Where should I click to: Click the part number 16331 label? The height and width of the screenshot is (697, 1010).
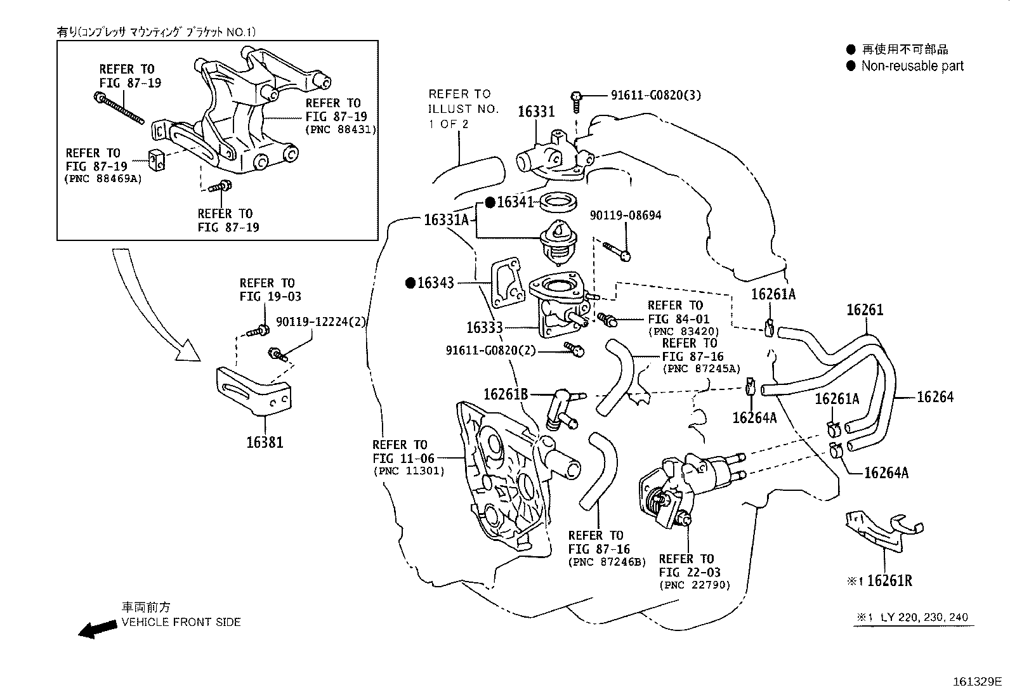pos(536,112)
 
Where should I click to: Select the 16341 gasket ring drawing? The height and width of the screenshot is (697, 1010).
pos(558,204)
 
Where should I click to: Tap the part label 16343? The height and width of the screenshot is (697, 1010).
pos(435,283)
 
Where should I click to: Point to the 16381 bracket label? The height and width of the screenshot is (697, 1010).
pos(265,442)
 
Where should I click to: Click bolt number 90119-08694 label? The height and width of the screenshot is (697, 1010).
pos(625,216)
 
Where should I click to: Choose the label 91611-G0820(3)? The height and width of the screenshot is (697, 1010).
pos(656,95)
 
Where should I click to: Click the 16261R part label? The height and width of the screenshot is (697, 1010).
pos(889,580)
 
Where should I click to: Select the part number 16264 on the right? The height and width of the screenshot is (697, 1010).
pos(935,397)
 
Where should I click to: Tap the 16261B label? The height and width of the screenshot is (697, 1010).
pos(506,394)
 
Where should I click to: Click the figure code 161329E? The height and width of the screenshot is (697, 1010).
pos(976,682)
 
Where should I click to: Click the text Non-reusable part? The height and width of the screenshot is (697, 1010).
pos(912,66)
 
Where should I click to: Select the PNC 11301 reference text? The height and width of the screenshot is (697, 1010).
pos(409,471)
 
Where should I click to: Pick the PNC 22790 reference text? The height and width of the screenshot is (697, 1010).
pos(695,585)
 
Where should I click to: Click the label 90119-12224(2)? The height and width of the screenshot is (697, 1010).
pos(321,322)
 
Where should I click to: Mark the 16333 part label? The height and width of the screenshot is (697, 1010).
pos(485,328)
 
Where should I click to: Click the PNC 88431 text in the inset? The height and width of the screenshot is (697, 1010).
pos(341,129)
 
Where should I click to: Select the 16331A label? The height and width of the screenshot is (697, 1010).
pos(446,220)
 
